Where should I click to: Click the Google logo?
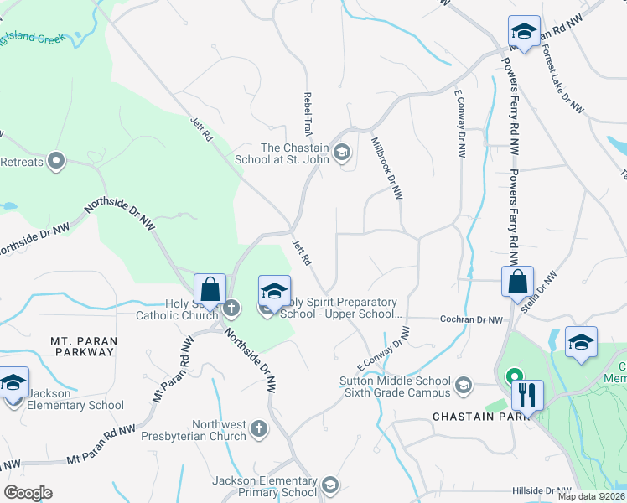[x=28, y=493]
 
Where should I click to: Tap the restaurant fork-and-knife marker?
[x=526, y=395]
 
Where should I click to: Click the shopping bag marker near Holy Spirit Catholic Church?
[x=211, y=289]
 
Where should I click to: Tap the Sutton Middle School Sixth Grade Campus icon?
[x=462, y=387]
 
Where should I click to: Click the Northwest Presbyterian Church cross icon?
[x=259, y=428]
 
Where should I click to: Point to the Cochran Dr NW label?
[x=472, y=319]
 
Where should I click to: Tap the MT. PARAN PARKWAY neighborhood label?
[x=82, y=346]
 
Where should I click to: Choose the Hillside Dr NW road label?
[x=544, y=490]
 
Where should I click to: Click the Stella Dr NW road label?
[x=544, y=292]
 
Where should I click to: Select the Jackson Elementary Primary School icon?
[x=330, y=485]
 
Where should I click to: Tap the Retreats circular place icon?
[x=57, y=160]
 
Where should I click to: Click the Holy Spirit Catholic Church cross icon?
[x=231, y=309]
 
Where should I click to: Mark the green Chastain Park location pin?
[x=513, y=376]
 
